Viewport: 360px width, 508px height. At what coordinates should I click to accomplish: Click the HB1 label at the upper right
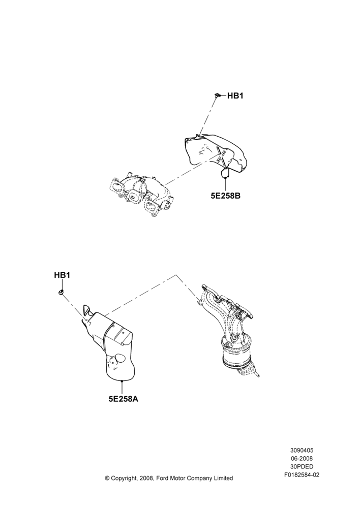(x=235, y=96)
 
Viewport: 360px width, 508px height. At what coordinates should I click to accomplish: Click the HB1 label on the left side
(x=62, y=275)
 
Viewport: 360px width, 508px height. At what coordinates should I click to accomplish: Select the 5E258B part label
(x=225, y=196)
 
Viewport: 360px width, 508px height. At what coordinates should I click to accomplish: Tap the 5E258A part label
(x=123, y=399)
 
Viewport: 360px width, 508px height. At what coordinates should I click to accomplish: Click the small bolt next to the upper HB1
(x=218, y=95)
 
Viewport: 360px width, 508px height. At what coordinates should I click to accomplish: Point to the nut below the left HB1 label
(x=61, y=293)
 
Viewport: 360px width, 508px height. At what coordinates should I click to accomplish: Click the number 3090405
(x=302, y=450)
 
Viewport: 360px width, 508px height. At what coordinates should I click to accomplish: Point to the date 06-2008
(x=302, y=458)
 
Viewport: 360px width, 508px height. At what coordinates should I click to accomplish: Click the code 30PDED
(x=302, y=467)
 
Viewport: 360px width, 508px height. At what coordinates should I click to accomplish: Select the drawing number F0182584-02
(x=302, y=475)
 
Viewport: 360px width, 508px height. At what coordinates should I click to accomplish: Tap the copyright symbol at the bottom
(x=107, y=478)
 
